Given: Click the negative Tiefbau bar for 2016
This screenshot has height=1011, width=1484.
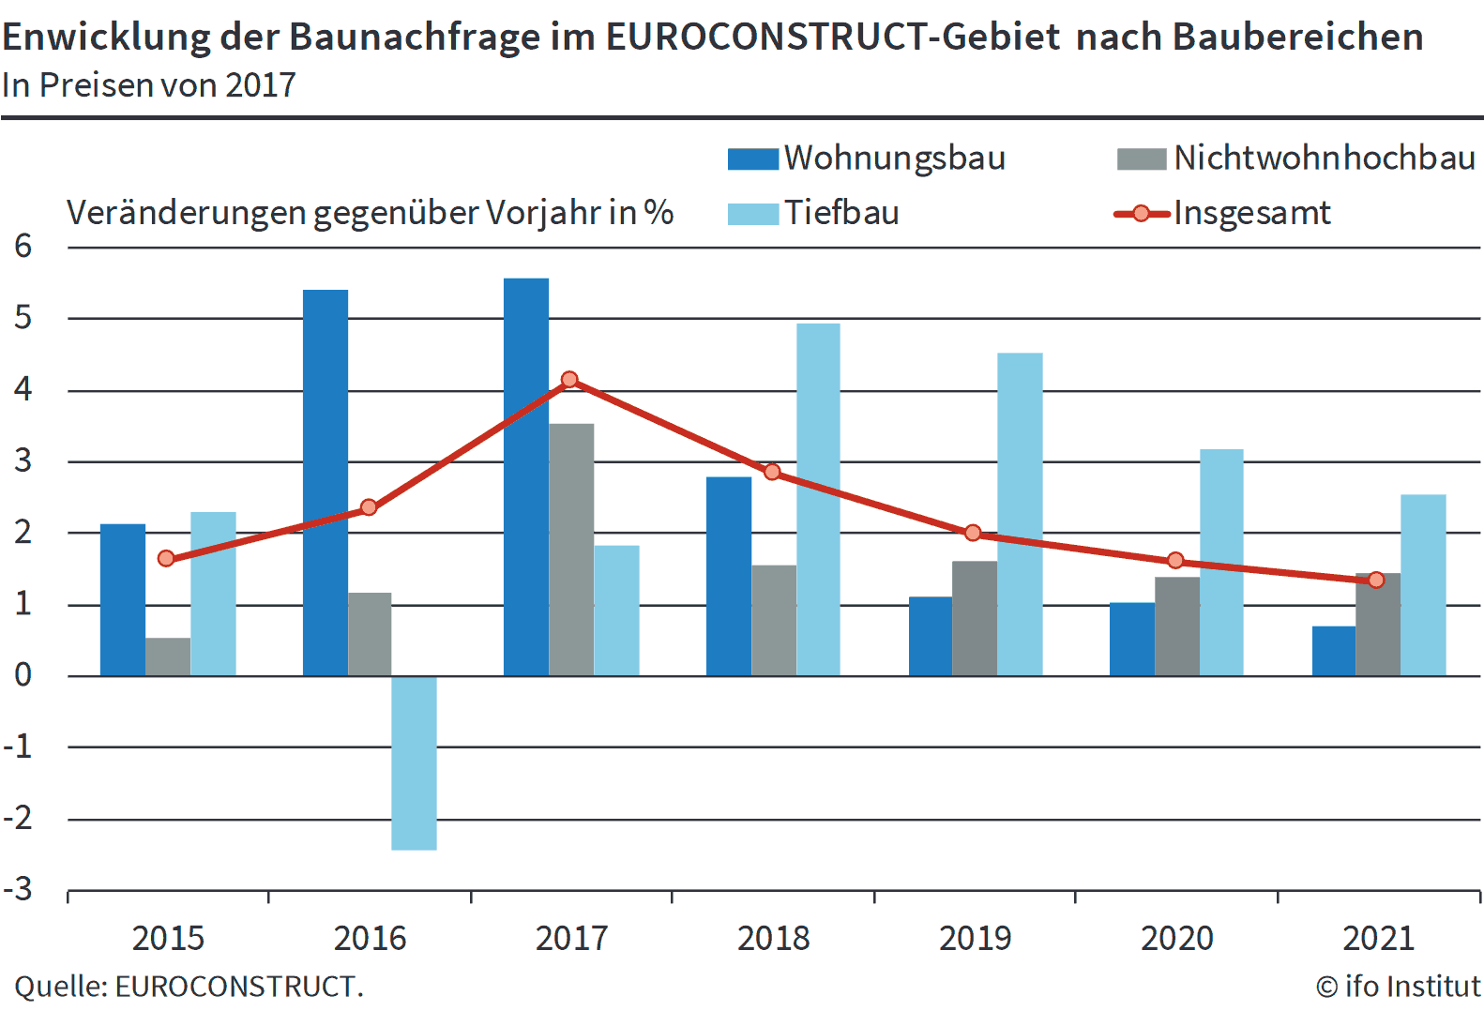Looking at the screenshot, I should click(x=414, y=762).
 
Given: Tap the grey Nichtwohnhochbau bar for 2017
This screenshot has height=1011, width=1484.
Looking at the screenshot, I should click(x=571, y=550).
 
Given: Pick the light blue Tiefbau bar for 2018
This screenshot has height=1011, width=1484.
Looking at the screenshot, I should click(x=818, y=499).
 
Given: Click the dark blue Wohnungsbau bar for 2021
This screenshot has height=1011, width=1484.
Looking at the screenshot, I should click(x=1333, y=651).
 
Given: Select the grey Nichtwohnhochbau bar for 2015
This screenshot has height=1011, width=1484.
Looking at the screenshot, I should click(x=168, y=656).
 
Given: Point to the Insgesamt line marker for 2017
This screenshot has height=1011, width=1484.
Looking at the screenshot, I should click(x=569, y=380).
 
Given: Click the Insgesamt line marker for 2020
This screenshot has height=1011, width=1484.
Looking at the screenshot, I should click(x=1175, y=561).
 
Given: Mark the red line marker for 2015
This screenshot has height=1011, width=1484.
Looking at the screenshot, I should click(x=166, y=559).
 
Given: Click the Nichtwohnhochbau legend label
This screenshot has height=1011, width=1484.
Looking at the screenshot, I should click(x=1324, y=158).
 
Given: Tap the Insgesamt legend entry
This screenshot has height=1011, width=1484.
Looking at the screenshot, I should click(x=1250, y=213).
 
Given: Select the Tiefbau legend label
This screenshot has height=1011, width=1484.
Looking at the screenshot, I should click(x=840, y=213).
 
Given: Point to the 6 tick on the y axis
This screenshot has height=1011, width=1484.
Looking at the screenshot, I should click(x=23, y=247).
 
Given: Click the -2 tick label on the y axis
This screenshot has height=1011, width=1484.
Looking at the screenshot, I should click(x=19, y=819).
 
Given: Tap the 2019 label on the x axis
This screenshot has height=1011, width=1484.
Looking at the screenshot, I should click(x=975, y=938).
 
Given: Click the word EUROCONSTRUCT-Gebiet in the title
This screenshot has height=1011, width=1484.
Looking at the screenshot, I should click(x=833, y=38).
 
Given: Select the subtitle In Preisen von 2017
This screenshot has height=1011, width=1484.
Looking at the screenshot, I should click(x=148, y=85).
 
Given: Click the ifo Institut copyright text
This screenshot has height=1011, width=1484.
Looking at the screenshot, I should click(x=1398, y=987).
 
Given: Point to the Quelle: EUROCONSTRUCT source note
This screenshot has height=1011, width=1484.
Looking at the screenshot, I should click(x=189, y=987).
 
